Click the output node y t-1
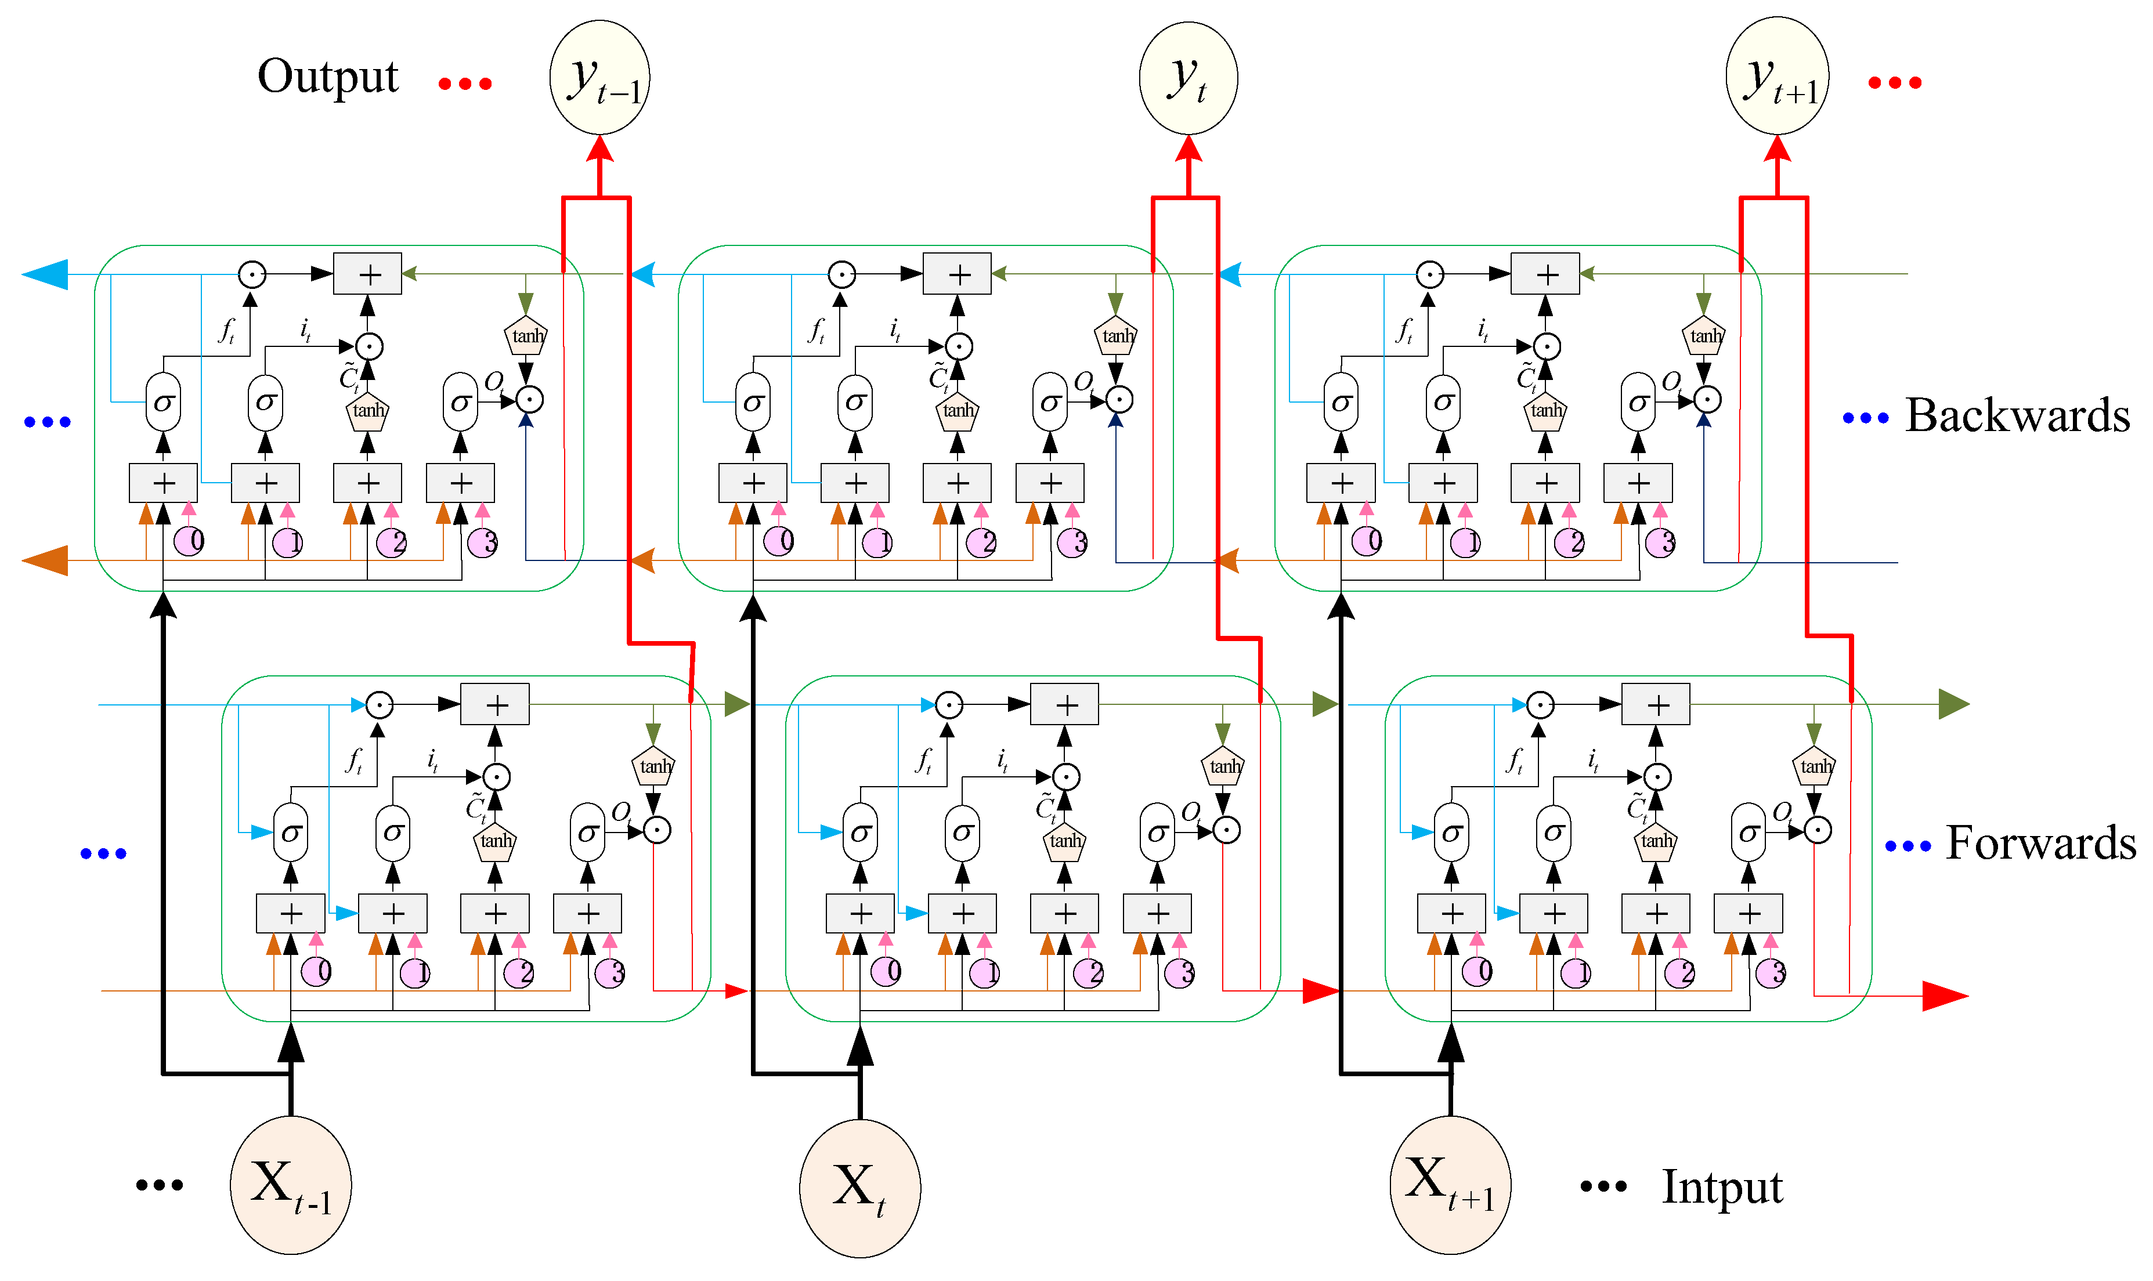coord(600,78)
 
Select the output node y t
coord(1188,78)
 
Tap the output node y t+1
coord(1776,76)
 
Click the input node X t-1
coord(290,1184)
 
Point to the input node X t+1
coord(1450,1184)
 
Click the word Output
coord(328,76)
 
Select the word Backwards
coord(2017,415)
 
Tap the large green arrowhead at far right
coord(1953,704)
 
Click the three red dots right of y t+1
coord(1894,83)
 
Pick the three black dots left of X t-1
coord(160,1184)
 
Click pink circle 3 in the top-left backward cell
coord(483,543)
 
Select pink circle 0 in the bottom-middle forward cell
coord(886,971)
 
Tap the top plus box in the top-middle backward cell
coord(956,274)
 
